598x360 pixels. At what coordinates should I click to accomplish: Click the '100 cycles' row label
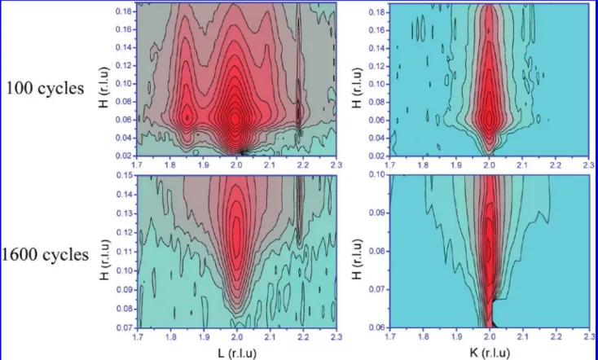[x=45, y=88]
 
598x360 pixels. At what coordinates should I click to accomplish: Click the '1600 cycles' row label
[x=45, y=254]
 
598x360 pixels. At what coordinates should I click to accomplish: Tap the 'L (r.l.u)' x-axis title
[x=237, y=353]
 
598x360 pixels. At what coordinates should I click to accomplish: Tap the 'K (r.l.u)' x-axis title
[x=490, y=353]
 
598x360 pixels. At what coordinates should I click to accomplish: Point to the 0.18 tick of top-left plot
[x=124, y=11]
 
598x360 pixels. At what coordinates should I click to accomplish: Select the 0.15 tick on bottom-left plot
[x=124, y=175]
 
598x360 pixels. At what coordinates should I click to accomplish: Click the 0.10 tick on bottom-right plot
[x=376, y=174]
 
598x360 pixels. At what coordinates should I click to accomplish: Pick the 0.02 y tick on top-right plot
[x=376, y=156]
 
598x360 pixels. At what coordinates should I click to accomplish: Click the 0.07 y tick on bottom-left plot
[x=124, y=327]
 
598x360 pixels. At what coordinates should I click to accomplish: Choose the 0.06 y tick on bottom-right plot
[x=376, y=327]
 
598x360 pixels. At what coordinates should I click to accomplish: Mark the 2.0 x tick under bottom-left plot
[x=237, y=336]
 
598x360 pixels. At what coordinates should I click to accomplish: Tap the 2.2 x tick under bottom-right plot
[x=556, y=336]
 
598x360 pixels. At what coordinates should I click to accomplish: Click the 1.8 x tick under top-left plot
[x=170, y=165]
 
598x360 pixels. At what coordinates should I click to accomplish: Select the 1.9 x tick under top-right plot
[x=456, y=165]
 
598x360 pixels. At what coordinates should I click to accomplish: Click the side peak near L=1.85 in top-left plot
[x=187, y=116]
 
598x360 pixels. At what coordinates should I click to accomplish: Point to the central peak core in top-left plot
[x=235, y=119]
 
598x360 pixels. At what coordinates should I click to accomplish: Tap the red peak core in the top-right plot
[x=489, y=120]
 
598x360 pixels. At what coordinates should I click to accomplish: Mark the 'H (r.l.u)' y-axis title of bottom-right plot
[x=358, y=259]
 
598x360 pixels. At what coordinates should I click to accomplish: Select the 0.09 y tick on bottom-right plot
[x=376, y=213]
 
